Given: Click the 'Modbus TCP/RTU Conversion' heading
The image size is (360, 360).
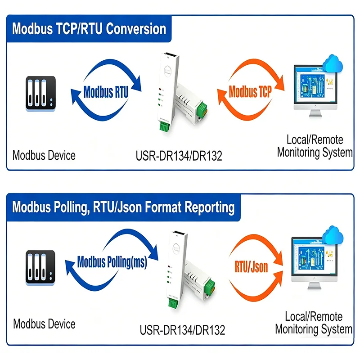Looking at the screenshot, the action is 89,29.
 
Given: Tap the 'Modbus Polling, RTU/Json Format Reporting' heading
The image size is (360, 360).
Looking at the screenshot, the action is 123,207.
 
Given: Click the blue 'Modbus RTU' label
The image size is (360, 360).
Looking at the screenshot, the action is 106,92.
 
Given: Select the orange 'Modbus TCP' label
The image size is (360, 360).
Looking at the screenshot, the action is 250,92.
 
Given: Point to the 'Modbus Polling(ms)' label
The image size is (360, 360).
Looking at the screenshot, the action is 112,262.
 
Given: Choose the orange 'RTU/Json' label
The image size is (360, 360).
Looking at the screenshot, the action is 251,267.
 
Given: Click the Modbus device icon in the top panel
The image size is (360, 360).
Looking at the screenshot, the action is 40,94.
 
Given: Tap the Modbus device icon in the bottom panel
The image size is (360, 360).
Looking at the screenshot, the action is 40,268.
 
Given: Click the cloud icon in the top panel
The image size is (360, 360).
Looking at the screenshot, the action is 333,63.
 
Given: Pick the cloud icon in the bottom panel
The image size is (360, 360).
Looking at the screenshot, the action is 333,234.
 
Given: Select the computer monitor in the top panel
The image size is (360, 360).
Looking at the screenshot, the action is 315,91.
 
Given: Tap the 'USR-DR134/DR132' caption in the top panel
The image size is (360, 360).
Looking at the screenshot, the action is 179,156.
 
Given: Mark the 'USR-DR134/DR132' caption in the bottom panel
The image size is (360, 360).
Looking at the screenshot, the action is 182,330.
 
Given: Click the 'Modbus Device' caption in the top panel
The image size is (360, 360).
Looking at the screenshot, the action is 44,155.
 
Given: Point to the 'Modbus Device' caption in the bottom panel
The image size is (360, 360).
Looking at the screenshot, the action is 44,324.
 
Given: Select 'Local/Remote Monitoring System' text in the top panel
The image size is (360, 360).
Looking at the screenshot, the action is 315,146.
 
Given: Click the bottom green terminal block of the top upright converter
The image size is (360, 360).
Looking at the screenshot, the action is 164,126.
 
